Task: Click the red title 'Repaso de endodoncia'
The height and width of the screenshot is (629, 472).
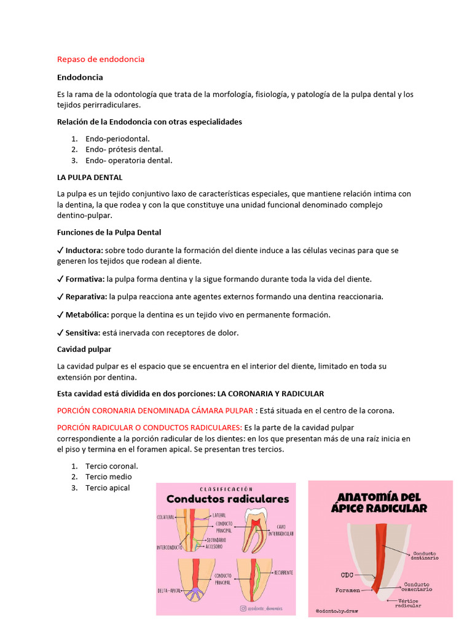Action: click(x=101, y=59)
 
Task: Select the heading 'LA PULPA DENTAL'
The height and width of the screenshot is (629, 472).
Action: click(x=90, y=177)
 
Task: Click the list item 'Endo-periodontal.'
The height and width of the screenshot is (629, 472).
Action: click(x=117, y=139)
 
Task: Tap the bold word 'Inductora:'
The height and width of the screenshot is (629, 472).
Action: click(x=85, y=251)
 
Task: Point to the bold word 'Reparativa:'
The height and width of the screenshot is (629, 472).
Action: click(x=86, y=297)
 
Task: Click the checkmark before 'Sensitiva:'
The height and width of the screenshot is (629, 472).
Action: click(x=60, y=332)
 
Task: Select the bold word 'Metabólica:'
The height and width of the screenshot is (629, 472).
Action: click(x=87, y=314)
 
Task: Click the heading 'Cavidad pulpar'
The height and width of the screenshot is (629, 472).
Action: click(x=84, y=349)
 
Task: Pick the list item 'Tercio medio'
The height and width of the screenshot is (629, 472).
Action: click(x=109, y=477)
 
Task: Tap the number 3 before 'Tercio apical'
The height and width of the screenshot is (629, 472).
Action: click(x=74, y=488)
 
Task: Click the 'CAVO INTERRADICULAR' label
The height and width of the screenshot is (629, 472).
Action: click(x=280, y=529)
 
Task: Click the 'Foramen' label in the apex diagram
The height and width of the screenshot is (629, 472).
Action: click(x=348, y=590)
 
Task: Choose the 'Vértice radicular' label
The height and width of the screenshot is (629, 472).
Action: click(x=408, y=603)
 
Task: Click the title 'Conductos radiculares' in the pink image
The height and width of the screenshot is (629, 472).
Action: click(x=227, y=499)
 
